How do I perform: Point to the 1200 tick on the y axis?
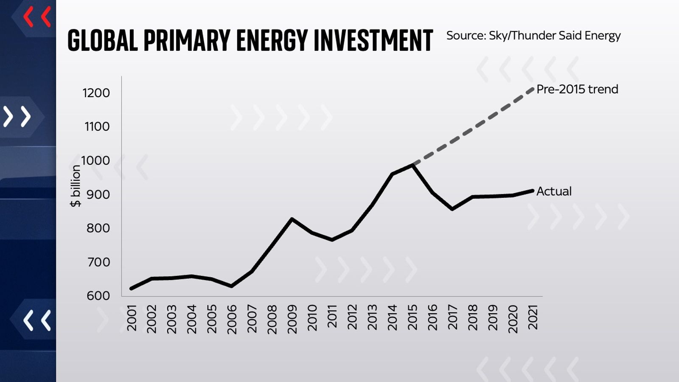tap(96, 93)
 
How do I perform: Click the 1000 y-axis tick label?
tap(95, 160)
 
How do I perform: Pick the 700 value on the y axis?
tap(98, 262)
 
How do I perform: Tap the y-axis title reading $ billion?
tap(76, 186)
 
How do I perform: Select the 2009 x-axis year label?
tap(292, 319)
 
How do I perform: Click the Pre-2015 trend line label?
tap(577, 89)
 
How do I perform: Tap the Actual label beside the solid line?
tap(554, 191)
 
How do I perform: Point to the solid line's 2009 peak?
tap(292, 219)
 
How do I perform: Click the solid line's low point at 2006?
tap(231, 286)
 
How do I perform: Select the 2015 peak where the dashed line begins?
tap(412, 165)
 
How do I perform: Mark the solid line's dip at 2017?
tap(452, 209)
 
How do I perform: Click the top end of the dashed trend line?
tap(533, 89)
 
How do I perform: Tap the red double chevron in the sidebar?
tap(37, 17)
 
